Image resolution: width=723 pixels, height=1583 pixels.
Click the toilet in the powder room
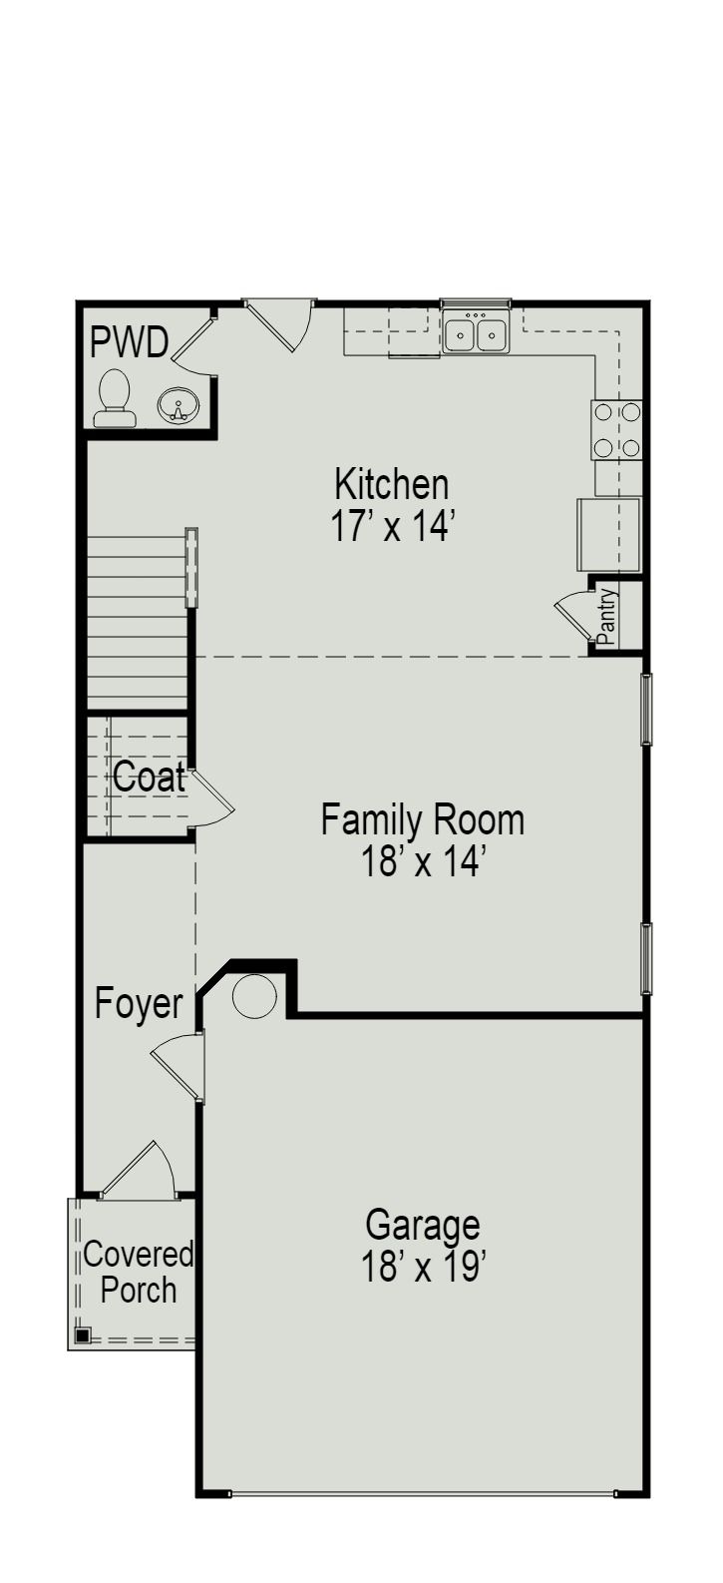tap(115, 398)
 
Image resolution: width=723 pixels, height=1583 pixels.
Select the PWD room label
tap(129, 342)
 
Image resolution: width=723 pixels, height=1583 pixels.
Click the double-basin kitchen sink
tap(476, 333)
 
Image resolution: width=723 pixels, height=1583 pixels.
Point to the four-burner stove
tap(617, 429)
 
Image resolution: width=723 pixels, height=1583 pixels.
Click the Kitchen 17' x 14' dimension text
tap(392, 526)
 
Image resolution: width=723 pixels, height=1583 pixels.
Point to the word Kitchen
tap(392, 484)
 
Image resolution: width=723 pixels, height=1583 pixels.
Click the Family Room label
tap(422, 820)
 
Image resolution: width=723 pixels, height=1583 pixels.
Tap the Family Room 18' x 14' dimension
tap(423, 861)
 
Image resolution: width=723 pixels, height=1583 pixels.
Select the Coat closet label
tap(149, 778)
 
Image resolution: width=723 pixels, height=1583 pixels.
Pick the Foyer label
tap(139, 1004)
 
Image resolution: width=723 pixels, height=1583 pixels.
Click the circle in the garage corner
tap(254, 996)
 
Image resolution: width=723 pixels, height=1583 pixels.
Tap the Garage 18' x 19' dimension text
tap(423, 1268)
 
